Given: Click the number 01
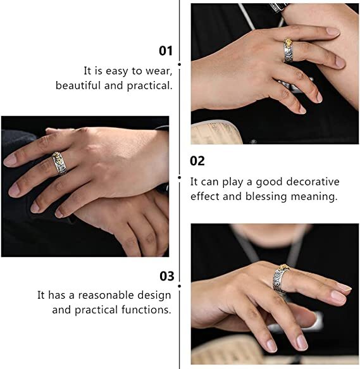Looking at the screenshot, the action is pos(166,51).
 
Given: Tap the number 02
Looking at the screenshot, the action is pos(197,161).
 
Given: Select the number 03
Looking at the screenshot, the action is pos(167,276).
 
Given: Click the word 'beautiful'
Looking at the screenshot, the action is pos(78,85).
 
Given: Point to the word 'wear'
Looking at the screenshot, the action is pos(159,71).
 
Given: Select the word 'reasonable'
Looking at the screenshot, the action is pos(106,295).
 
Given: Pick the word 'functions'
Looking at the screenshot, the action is pos(146,310).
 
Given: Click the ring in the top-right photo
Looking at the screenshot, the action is pos(289,50).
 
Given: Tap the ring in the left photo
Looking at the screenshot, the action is pos(59,163).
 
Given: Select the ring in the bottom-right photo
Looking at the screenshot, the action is pos(281,279).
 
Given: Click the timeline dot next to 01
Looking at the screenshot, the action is pos(180,65).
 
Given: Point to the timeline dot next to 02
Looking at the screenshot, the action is pos(180,177).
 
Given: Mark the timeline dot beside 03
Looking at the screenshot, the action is pos(180,286).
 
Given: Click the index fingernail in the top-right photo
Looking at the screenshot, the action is pos(333,32).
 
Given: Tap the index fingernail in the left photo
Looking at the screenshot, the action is pos(10,161).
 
